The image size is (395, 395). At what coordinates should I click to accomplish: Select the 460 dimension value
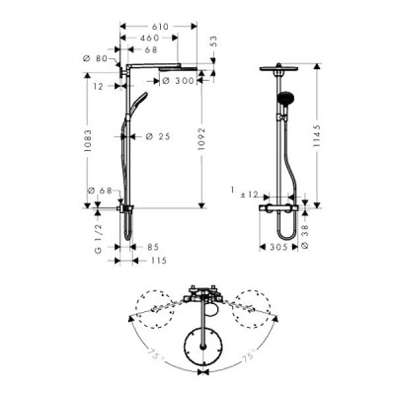tap(149, 34)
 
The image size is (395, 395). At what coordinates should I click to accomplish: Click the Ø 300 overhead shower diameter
tap(180, 83)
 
